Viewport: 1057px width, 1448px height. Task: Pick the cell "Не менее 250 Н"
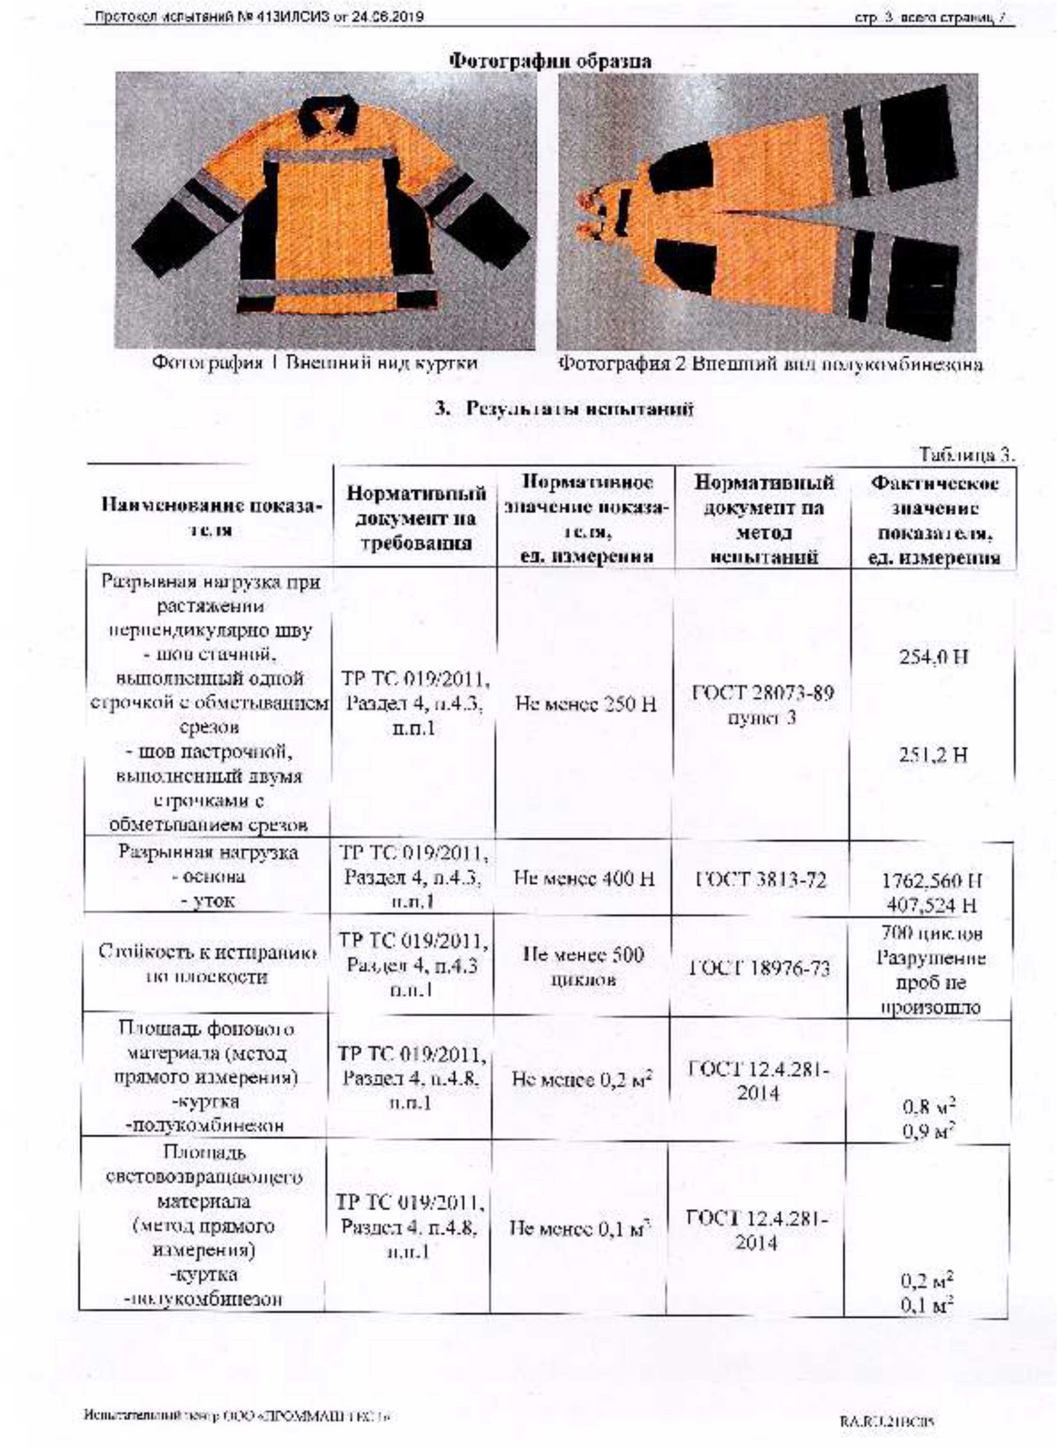[585, 704]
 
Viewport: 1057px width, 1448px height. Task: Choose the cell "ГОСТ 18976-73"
[760, 968]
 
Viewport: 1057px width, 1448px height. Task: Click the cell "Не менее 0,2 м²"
[582, 1080]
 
